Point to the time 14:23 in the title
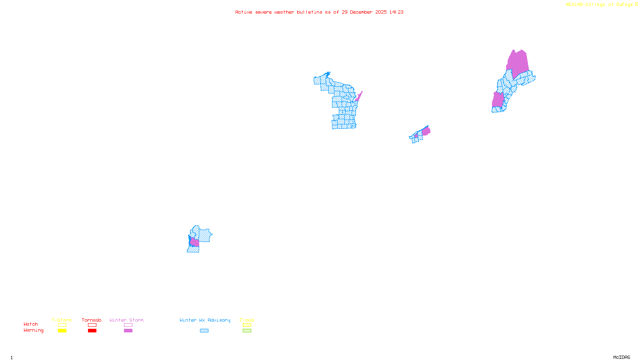[396, 12]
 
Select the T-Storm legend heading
[62, 320]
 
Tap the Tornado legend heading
[92, 320]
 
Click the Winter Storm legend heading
[126, 320]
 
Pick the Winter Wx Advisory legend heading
[205, 320]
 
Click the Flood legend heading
[247, 320]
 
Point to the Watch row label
[31, 324]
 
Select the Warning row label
[34, 330]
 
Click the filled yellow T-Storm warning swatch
[62, 331]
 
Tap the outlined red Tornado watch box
[92, 325]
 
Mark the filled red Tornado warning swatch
[92, 331]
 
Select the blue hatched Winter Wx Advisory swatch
[204, 331]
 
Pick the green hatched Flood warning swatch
[247, 331]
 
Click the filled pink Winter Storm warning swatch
[128, 331]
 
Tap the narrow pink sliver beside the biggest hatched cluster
[359, 96]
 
